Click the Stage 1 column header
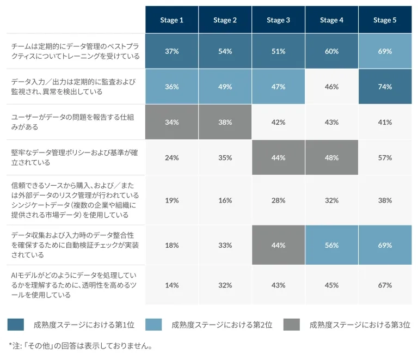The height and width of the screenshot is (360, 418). point(171,20)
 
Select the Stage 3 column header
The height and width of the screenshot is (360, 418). point(278,20)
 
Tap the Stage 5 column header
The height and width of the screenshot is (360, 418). point(385,20)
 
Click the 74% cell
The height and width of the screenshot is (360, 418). point(385,87)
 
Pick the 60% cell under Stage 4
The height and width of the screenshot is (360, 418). point(331,51)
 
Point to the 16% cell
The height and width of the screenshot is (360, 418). point(225,200)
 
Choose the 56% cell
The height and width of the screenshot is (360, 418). point(331,245)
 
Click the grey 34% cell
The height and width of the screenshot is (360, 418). point(171,122)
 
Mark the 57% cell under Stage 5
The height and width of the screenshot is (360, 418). point(385,157)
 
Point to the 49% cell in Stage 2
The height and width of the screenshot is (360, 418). point(225,87)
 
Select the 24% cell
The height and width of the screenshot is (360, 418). point(171,157)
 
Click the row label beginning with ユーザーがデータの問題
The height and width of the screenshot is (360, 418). point(73,122)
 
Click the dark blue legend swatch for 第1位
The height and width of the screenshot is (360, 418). point(16,325)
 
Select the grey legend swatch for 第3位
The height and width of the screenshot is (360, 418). point(292,325)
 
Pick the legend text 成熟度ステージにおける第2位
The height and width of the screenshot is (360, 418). point(222,325)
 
